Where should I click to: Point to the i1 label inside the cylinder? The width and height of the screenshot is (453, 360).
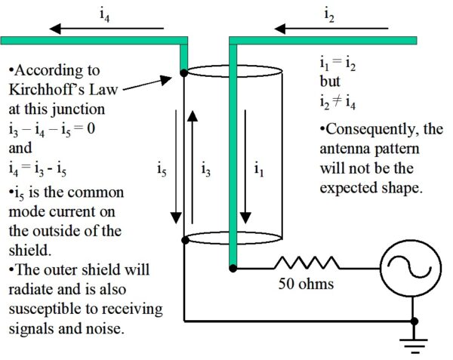[260, 170]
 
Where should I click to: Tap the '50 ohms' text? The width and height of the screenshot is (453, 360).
[307, 286]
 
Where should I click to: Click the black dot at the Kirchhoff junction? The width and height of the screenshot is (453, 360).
[183, 73]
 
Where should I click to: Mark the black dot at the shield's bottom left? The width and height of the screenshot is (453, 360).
[183, 239]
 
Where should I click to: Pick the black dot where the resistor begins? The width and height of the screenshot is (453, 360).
[233, 266]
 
